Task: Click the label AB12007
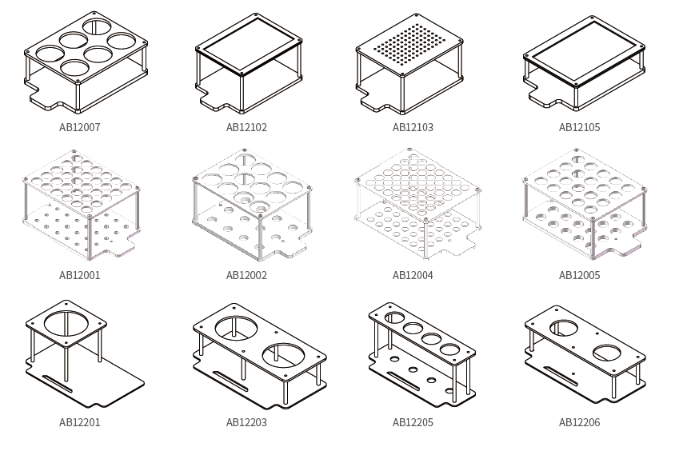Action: pos(80,127)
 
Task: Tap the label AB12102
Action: pos(246,127)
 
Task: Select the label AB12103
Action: pos(413,127)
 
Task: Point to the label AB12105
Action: pos(579,127)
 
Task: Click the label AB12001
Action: pos(80,275)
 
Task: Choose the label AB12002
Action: pos(246,275)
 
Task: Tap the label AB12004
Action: pos(413,275)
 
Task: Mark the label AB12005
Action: pos(579,275)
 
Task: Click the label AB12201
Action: pos(80,422)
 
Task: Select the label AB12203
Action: pos(246,422)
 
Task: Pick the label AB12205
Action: pos(413,422)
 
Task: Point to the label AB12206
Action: pos(579,422)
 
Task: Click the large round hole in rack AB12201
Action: pos(66,312)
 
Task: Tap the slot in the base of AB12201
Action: pos(58,384)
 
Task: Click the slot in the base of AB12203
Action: pos(230,381)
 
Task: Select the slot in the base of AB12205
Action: pos(404,381)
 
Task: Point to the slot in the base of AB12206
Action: pos(561,376)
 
